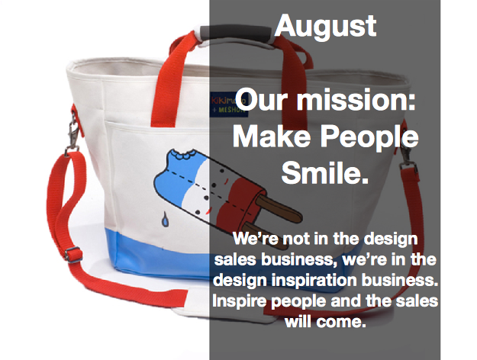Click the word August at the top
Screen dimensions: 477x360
(325, 27)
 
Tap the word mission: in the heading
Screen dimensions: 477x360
(356, 100)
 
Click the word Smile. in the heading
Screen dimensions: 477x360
(325, 172)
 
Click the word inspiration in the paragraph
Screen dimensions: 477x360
(314, 281)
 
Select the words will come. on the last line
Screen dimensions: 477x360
(325, 321)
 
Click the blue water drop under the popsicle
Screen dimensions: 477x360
(165, 219)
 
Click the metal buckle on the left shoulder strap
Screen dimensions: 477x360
(73, 255)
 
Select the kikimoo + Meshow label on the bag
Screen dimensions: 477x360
(229, 105)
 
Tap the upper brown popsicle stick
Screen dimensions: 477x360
(279, 208)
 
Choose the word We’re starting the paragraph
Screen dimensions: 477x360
(256, 239)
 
